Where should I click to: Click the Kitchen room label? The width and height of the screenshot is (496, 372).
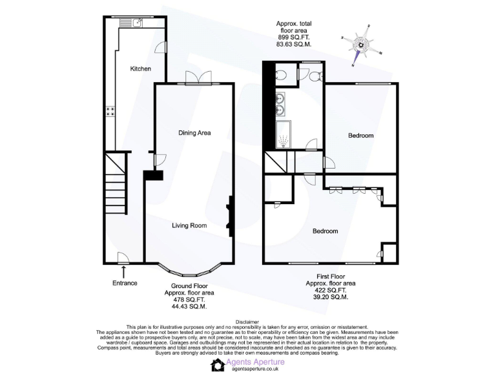point(140,68)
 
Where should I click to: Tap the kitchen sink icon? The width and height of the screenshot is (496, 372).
point(138,23)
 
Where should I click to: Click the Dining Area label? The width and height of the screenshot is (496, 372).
point(194,132)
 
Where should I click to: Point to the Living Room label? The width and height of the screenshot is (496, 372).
point(189,225)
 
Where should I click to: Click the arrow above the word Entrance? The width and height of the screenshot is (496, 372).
point(123,273)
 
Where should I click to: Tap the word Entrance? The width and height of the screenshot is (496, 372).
point(124,283)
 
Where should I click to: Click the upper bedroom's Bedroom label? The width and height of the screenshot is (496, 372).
point(361,136)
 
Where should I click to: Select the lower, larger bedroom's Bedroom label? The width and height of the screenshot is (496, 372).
point(325,231)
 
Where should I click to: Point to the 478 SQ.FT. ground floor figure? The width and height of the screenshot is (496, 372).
point(189,299)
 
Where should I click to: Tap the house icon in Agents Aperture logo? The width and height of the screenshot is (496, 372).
point(217,365)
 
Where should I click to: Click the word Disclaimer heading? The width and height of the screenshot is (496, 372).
point(247,322)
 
